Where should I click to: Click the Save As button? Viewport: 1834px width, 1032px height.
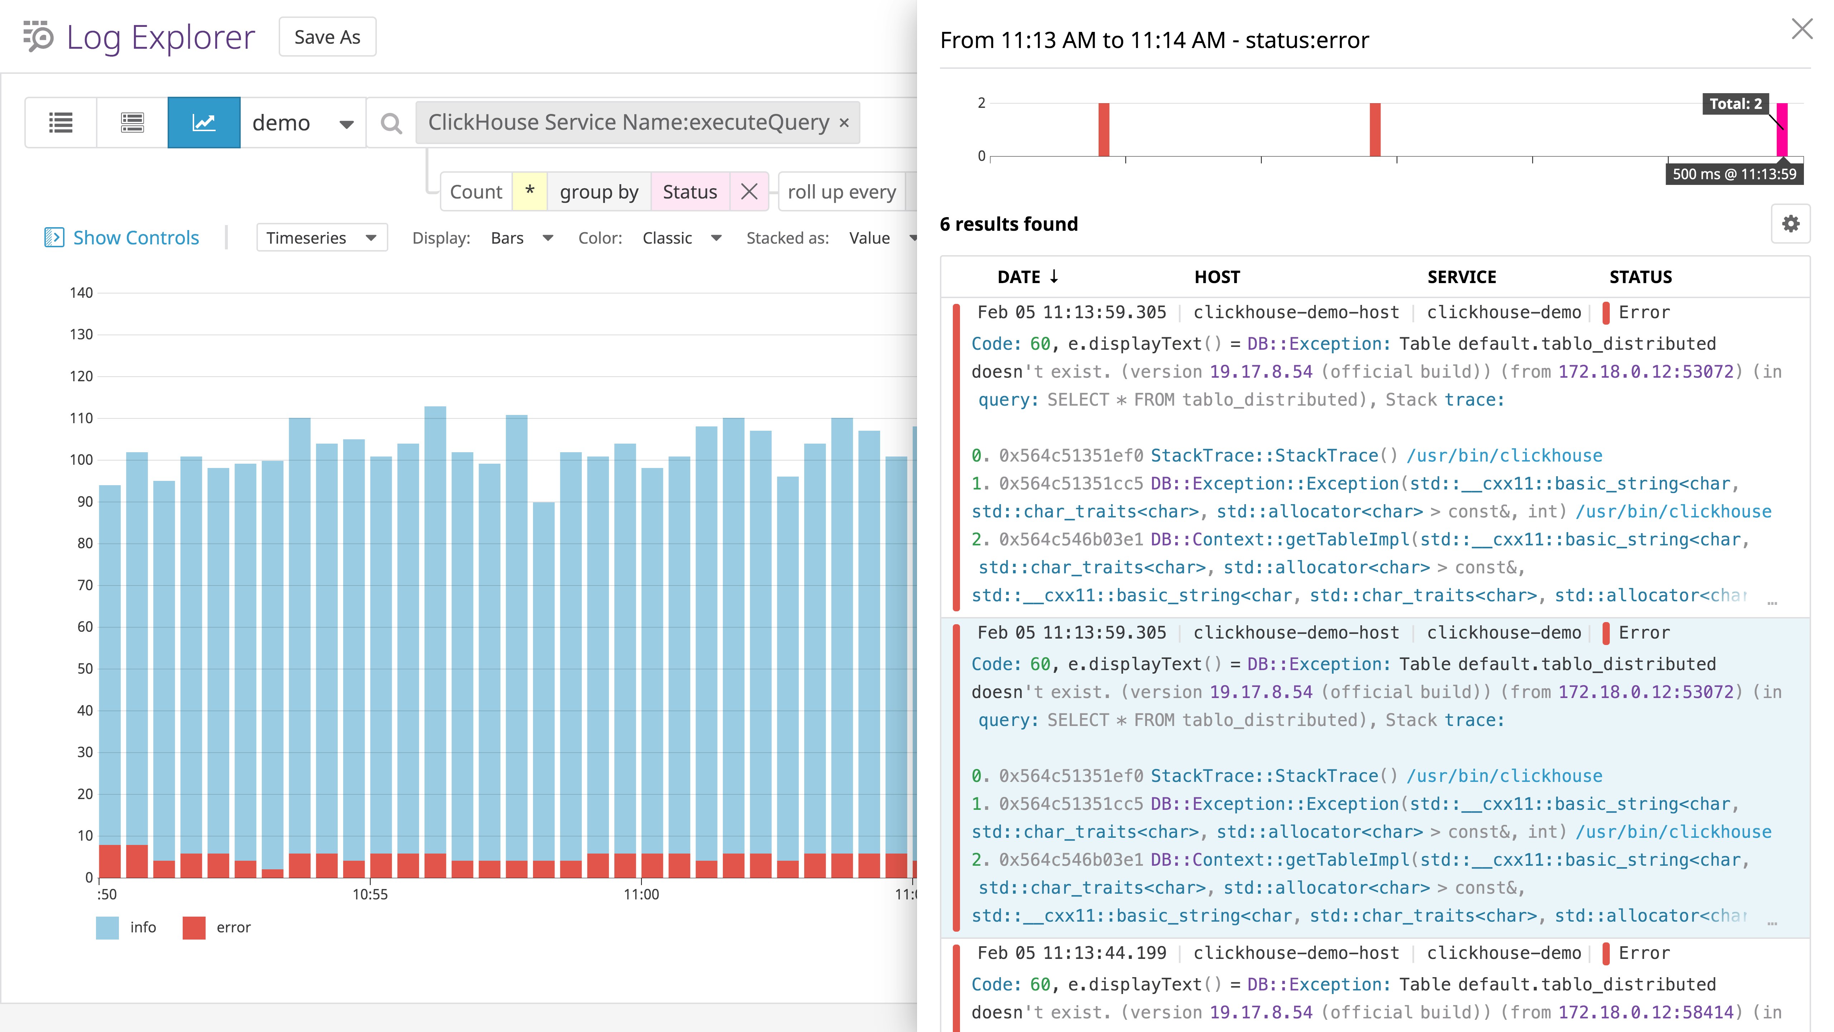(x=327, y=37)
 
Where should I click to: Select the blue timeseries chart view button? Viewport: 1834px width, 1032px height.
(x=203, y=123)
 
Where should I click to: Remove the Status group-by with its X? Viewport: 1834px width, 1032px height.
(x=749, y=192)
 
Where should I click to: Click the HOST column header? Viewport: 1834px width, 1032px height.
(x=1217, y=277)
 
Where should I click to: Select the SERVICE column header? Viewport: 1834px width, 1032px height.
(x=1461, y=277)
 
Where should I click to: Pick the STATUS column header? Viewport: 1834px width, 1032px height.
(x=1640, y=277)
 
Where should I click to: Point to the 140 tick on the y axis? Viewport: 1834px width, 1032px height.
(x=81, y=293)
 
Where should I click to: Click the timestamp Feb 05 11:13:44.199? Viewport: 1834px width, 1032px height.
(x=1071, y=953)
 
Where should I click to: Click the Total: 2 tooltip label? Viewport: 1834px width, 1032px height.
(x=1735, y=104)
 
